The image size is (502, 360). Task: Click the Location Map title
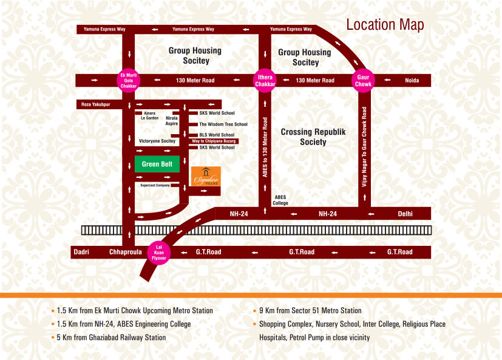385,25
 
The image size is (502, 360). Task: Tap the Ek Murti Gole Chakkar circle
127,80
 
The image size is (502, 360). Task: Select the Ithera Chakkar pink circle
265,80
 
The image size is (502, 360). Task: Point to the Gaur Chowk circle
363,80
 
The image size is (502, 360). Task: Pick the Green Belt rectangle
157,164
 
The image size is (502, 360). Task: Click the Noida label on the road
412,80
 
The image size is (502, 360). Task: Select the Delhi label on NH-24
405,214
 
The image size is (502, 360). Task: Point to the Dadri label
81,252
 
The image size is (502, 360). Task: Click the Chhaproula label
125,252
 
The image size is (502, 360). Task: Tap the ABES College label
280,200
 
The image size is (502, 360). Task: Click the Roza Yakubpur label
95,104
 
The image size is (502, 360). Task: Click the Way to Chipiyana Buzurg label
213,141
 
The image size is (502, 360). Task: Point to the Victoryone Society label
157,141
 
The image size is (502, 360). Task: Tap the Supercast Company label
155,185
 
